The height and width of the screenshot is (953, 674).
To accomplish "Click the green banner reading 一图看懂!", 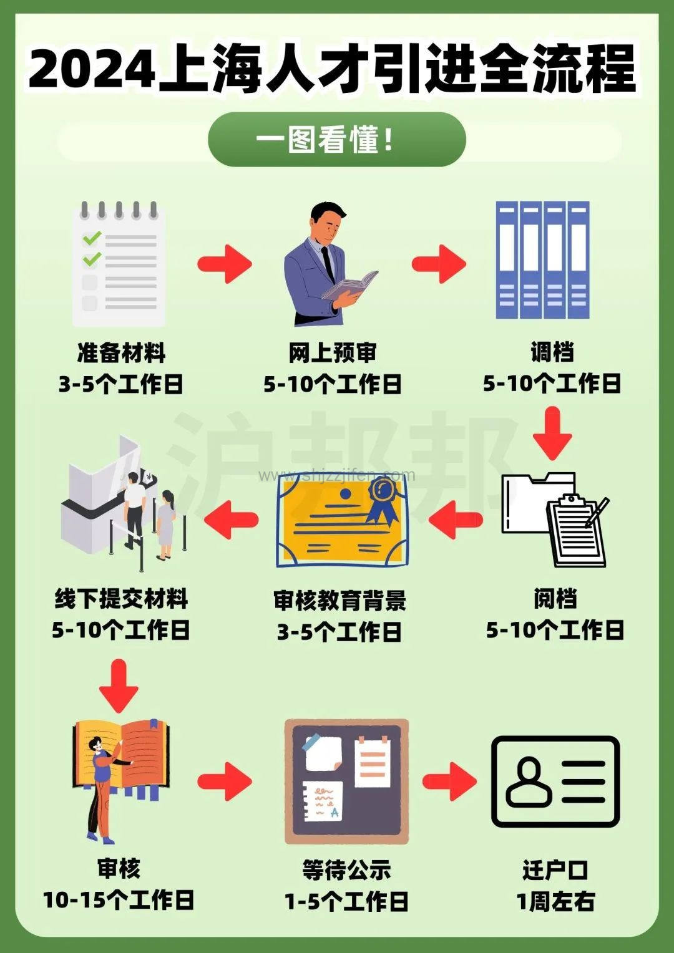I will coord(336,139).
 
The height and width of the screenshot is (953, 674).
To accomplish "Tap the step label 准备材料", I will coord(121,353).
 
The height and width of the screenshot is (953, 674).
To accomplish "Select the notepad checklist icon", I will coord(119,264).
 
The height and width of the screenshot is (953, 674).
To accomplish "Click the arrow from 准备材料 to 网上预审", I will coord(225,263).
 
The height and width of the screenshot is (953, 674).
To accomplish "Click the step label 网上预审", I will coord(333,353).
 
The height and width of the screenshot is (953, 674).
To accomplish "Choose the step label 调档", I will coord(552,352).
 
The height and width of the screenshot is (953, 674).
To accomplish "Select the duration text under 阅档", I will coord(555,630).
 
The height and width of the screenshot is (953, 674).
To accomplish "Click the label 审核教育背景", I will coord(339,601).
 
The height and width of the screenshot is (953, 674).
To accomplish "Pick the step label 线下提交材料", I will coord(121,599).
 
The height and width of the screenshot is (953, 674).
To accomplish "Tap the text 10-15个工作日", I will coord(119,900).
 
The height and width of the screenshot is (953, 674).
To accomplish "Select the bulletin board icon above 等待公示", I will coord(346,781).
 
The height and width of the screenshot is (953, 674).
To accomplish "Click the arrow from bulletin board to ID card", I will coord(449,781).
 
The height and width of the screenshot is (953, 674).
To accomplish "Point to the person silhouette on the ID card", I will coord(529,781).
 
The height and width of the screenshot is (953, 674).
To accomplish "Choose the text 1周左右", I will coord(555,901).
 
